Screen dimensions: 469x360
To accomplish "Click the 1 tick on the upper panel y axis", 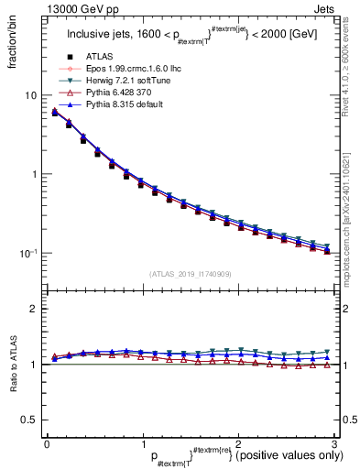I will pyautogui.click(x=33, y=174).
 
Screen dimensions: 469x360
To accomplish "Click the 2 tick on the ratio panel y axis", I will pyautogui.click(x=33, y=309).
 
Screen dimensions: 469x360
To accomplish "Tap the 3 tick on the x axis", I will pyautogui.click(x=334, y=443).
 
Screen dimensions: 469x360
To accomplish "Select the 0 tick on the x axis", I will pyautogui.click(x=47, y=443).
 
